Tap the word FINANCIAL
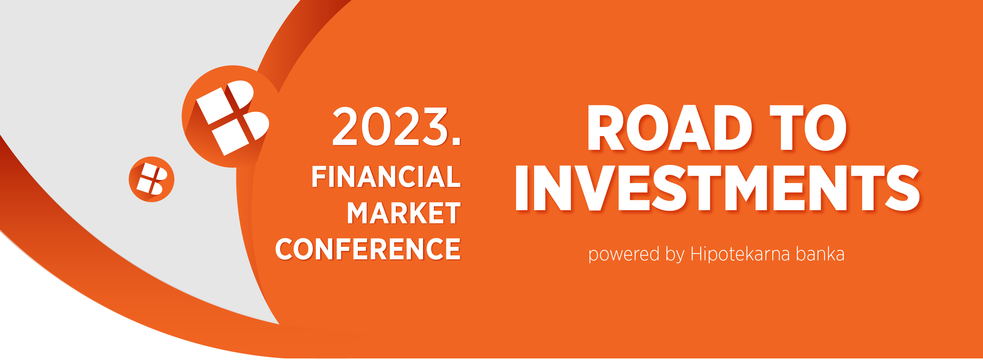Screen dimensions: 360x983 click(x=386, y=176)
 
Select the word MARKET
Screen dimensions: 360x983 click(x=404, y=213)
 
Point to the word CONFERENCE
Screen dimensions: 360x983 click(x=368, y=249)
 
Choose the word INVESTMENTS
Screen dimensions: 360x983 click(x=717, y=188)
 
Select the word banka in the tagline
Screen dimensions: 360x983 click(x=820, y=254)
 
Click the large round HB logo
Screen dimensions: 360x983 click(x=231, y=116)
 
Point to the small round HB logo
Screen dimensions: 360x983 click(x=151, y=179)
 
